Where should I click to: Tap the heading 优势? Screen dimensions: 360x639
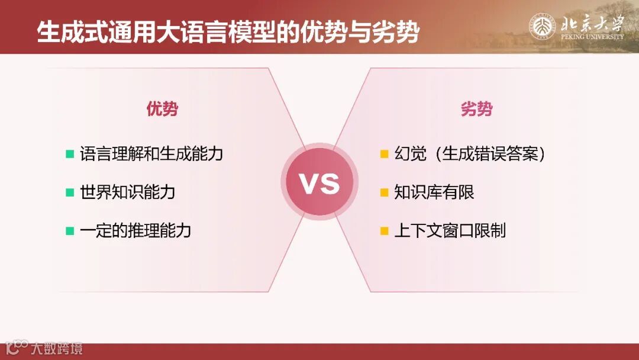pos(162,109)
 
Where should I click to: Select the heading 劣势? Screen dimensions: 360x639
pos(476,109)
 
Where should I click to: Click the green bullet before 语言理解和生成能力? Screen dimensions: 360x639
pos(70,155)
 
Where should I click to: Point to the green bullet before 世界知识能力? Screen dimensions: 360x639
pos(70,192)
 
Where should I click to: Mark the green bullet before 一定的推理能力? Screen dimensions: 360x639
pos(70,230)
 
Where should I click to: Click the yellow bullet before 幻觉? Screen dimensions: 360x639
pos(384,155)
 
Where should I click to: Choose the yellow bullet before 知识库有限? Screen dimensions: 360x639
pos(384,192)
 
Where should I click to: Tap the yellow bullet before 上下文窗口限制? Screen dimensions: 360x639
pos(384,230)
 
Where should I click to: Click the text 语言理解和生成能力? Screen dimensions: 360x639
pos(151,155)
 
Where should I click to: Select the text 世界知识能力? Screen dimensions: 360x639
pos(128,192)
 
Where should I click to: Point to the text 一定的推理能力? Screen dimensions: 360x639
pos(135,230)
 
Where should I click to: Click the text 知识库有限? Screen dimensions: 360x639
pos(434,192)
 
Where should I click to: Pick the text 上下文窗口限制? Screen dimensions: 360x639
pos(450,230)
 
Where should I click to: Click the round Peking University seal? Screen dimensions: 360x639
pos(542,27)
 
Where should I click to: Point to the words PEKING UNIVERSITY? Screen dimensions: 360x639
pos(592,37)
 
